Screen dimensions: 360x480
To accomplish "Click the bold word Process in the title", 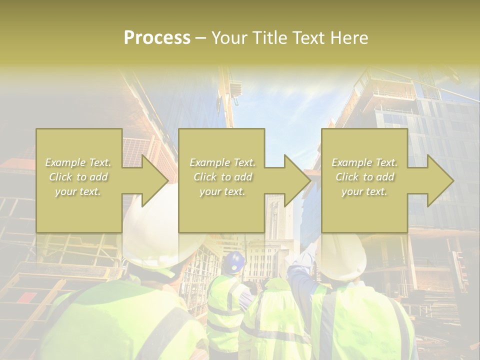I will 157,38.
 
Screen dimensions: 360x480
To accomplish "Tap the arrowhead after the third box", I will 439,180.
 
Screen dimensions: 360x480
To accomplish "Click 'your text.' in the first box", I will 78,191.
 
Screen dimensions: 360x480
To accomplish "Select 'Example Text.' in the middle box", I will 222,162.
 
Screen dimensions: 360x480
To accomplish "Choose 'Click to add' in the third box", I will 365,177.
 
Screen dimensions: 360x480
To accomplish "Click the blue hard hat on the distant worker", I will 234,262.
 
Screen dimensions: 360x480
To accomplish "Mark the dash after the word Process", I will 201,38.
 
